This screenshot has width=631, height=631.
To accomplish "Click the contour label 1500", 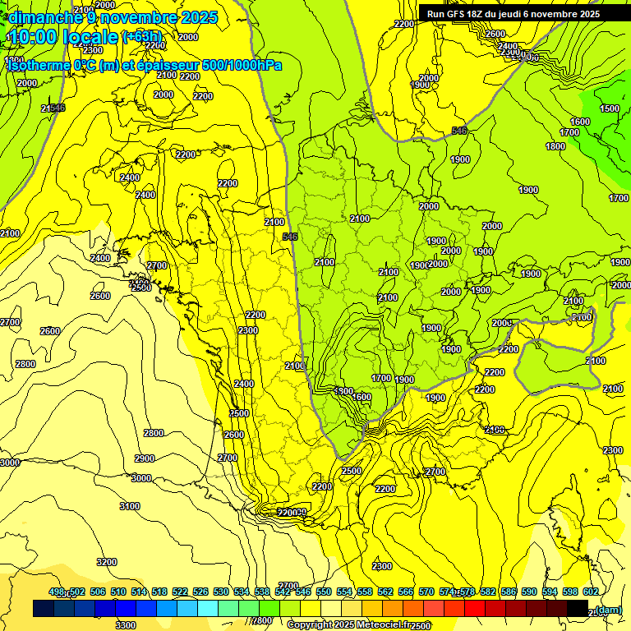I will (609, 108).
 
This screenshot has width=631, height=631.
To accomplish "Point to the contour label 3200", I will (106, 562).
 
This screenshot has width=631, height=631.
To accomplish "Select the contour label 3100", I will (129, 506).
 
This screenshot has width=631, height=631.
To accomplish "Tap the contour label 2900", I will (144, 458).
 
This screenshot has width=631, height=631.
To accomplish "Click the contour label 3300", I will (125, 625).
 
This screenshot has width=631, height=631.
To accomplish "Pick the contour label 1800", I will (555, 146).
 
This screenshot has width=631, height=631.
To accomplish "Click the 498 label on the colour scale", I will (57, 592).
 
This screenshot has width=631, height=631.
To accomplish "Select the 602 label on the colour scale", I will (590, 592).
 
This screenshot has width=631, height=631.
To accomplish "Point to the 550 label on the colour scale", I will (323, 592).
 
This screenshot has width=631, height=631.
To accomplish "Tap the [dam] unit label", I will (608, 609).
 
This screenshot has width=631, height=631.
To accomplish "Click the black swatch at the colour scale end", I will (578, 608).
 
